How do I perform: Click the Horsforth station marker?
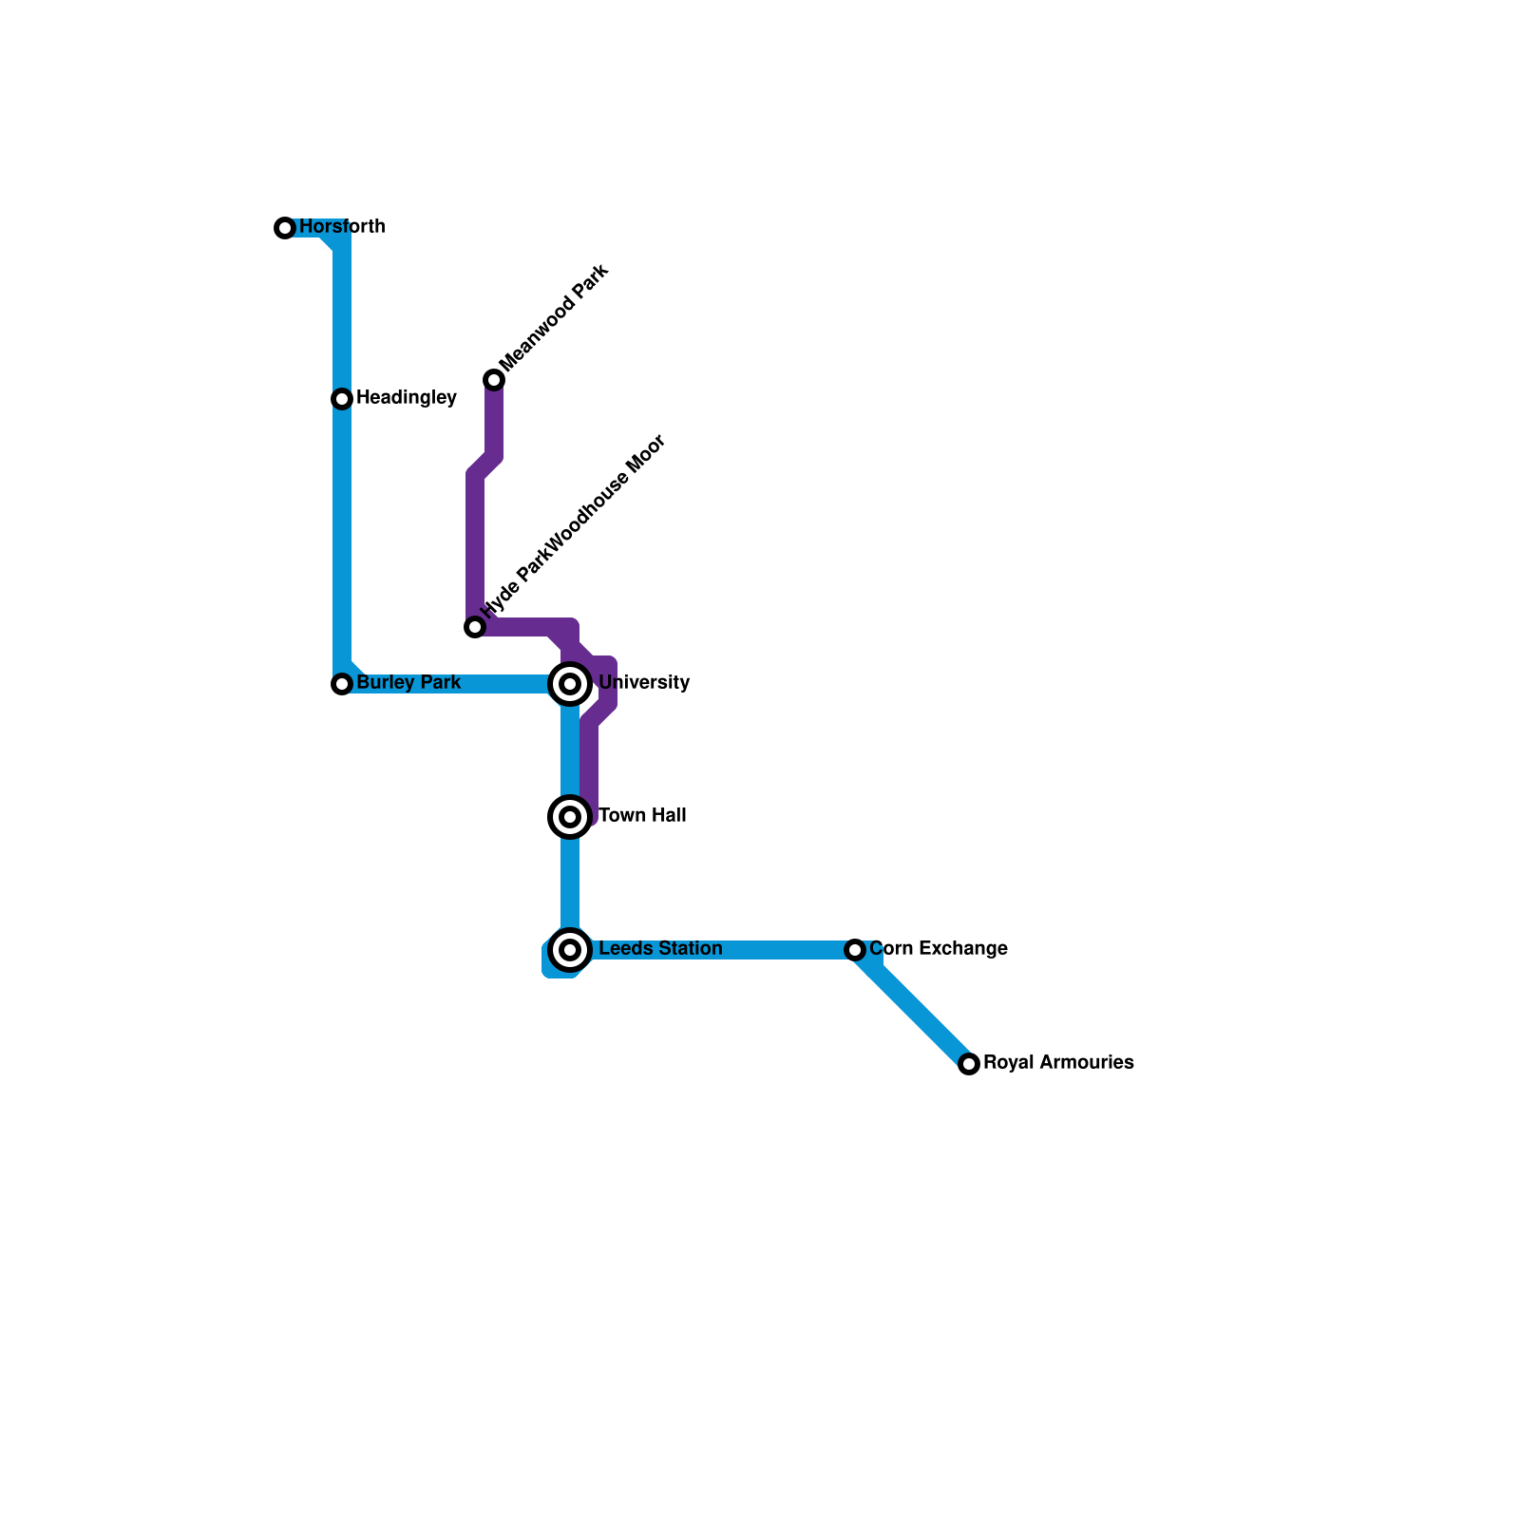285,228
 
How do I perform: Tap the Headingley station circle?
342,399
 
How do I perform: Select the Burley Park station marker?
342,684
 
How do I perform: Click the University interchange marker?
570,684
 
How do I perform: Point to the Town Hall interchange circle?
570,817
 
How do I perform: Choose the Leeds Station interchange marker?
570,950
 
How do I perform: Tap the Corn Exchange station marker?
855,950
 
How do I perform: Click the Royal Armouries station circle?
969,1064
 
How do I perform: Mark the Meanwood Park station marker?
494,380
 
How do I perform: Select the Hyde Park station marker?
475,627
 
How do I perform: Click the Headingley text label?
407,398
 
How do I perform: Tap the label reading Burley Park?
408,683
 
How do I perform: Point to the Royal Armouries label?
1058,1063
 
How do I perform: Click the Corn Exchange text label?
939,949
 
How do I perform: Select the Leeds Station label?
660,949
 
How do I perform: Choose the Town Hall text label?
642,816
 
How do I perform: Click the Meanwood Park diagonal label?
553,319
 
